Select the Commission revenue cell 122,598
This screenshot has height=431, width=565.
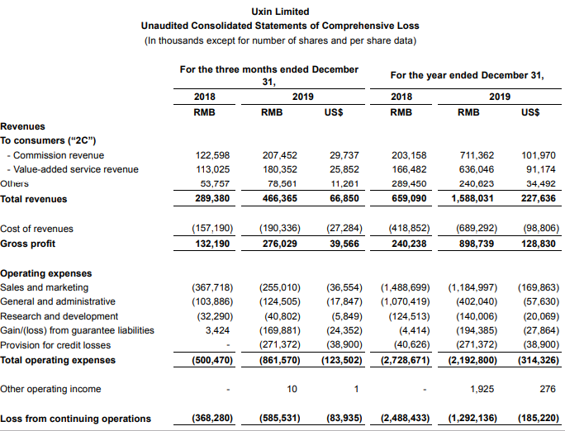pyautogui.click(x=212, y=155)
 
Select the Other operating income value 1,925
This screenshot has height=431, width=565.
pyautogui.click(x=482, y=388)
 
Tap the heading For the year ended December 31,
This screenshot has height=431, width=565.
pyautogui.click(x=467, y=75)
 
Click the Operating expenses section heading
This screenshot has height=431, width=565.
pyautogui.click(x=46, y=272)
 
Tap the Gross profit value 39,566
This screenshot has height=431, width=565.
pyautogui.click(x=344, y=244)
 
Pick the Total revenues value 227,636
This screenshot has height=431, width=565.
pyautogui.click(x=538, y=199)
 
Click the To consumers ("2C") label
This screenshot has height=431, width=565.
pyautogui.click(x=44, y=140)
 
